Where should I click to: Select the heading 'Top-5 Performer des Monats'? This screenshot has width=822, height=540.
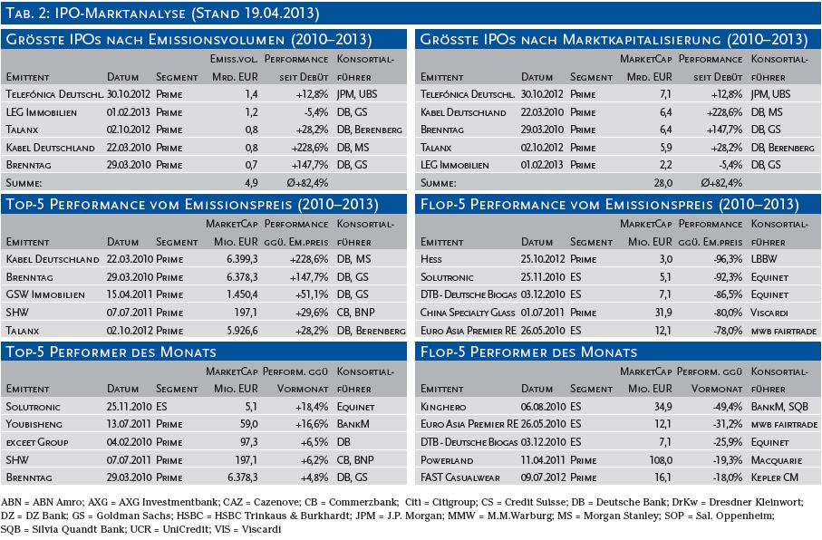pyautogui.click(x=111, y=352)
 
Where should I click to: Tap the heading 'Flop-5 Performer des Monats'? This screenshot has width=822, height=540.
pyautogui.click(x=529, y=352)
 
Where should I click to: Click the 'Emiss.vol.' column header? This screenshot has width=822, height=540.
pyautogui.click(x=234, y=59)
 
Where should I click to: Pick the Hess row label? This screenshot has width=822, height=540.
pyautogui.click(x=430, y=259)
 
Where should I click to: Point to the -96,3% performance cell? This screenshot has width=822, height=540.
pyautogui.click(x=728, y=259)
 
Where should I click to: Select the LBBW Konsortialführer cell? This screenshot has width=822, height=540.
pyautogui.click(x=764, y=259)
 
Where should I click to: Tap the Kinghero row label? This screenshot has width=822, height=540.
pyautogui.click(x=443, y=407)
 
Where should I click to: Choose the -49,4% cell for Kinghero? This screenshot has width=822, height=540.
pyautogui.click(x=728, y=407)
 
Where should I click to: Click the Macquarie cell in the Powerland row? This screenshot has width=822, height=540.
pyautogui.click(x=777, y=460)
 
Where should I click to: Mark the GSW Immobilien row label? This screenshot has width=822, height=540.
pyautogui.click(x=45, y=294)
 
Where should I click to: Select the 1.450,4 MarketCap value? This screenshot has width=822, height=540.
pyautogui.click(x=242, y=294)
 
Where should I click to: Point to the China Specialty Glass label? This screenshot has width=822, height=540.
pyautogui.click(x=468, y=313)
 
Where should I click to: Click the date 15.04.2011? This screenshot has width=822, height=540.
pyautogui.click(x=130, y=294)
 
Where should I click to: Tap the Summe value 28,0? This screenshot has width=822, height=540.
pyautogui.click(x=663, y=183)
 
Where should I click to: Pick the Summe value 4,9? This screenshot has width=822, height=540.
pyautogui.click(x=251, y=183)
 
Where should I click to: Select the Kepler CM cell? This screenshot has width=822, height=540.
pyautogui.click(x=775, y=477)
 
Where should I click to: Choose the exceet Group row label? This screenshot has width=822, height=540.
pyautogui.click(x=37, y=442)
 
